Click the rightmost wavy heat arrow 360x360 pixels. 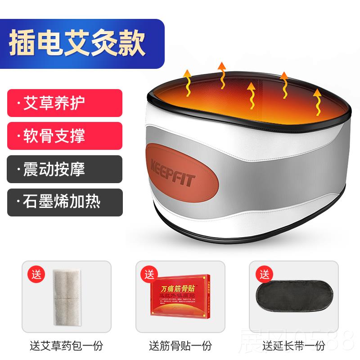[318, 102]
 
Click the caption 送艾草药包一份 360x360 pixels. [67, 346]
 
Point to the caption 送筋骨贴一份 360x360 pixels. [180, 346]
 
